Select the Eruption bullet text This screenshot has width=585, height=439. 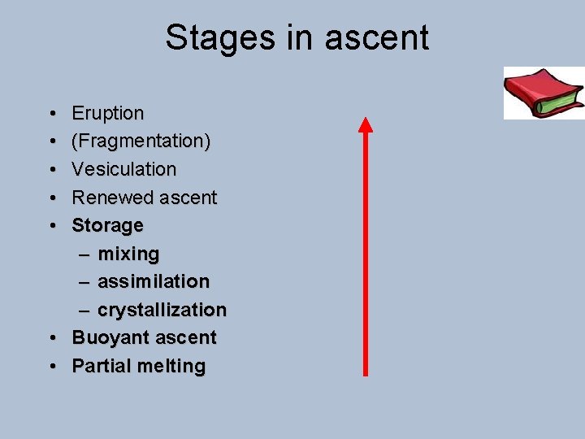(x=108, y=113)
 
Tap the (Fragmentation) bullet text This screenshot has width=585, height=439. (x=141, y=141)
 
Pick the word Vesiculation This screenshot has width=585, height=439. (x=123, y=169)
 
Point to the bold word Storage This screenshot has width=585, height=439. (x=107, y=225)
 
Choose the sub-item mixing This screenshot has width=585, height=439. (x=128, y=254)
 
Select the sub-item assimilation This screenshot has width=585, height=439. (x=154, y=281)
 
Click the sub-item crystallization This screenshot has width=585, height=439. (x=162, y=310)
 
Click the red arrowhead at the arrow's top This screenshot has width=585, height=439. (x=366, y=124)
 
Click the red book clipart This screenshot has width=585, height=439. (x=544, y=93)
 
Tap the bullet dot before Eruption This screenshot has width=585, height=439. (x=51, y=114)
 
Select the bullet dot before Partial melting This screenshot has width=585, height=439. (x=51, y=367)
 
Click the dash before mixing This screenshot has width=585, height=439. (x=85, y=254)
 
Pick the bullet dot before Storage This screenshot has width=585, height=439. (x=51, y=226)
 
